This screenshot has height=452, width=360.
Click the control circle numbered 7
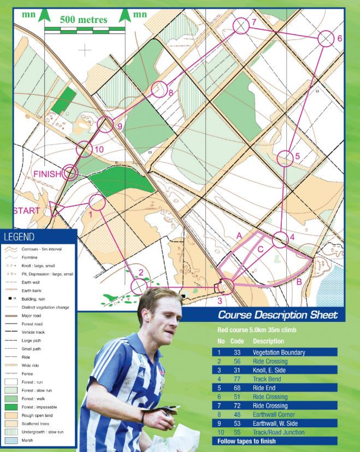(241, 26)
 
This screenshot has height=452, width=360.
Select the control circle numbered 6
(326, 39)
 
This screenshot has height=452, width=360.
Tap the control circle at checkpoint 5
(285, 159)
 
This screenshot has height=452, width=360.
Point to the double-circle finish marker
(70, 173)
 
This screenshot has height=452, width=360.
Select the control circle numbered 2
(139, 286)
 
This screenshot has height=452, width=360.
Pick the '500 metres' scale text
(84, 20)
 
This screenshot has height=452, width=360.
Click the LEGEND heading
(19, 237)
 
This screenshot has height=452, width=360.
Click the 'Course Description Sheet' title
(278, 315)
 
